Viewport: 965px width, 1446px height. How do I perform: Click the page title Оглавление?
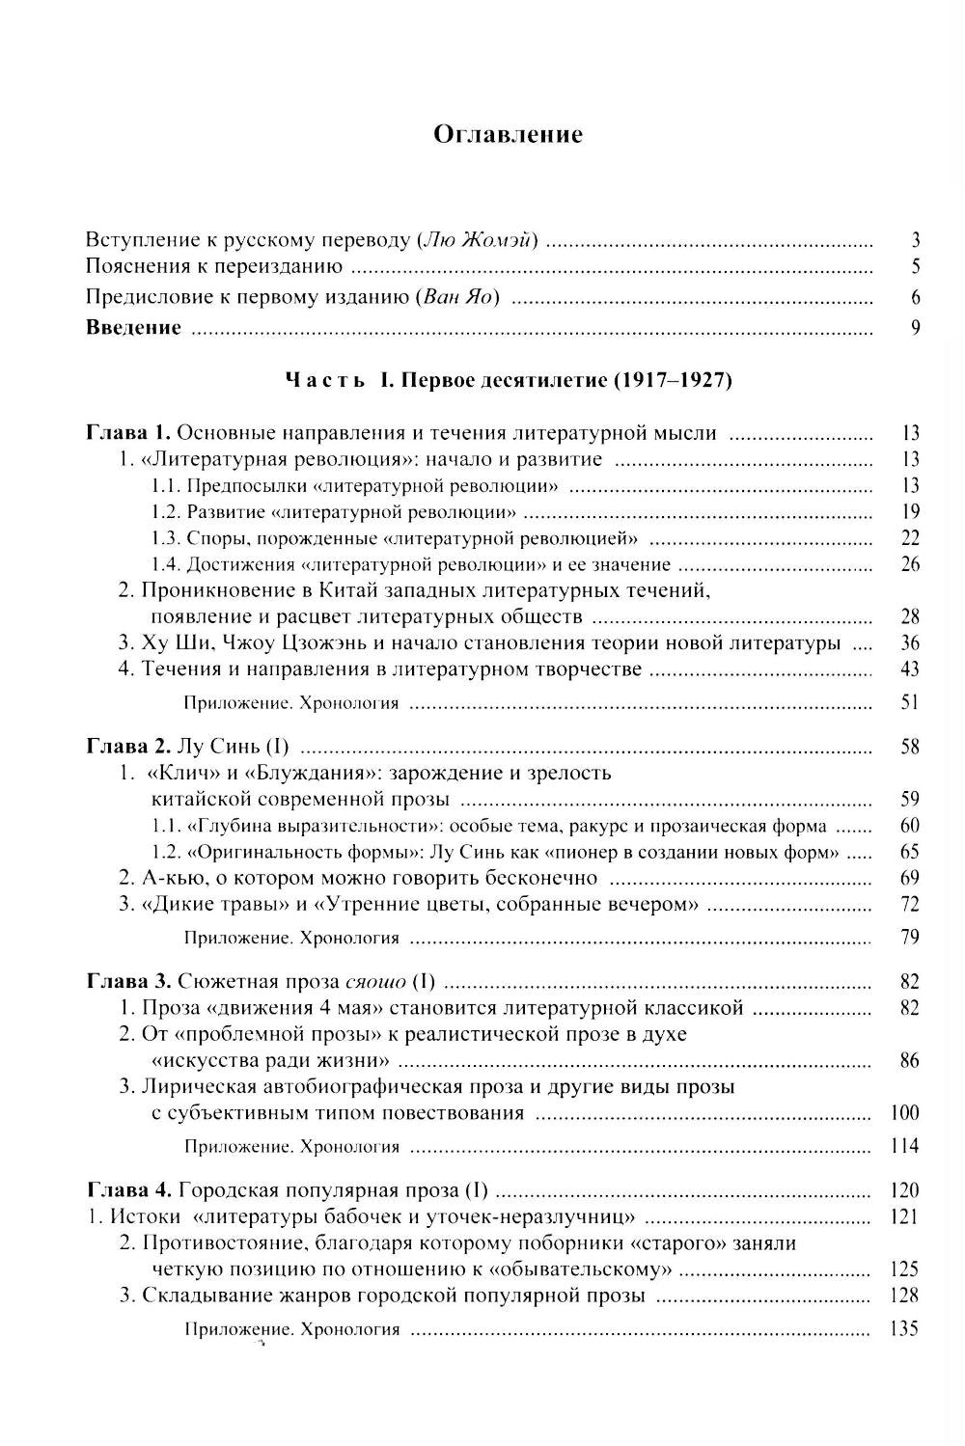click(x=508, y=134)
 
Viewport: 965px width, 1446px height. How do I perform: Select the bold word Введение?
click(x=133, y=327)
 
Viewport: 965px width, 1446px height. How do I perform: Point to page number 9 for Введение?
click(x=915, y=327)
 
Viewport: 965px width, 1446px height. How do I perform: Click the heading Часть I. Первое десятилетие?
click(x=509, y=380)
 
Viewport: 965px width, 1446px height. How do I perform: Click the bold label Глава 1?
click(x=128, y=432)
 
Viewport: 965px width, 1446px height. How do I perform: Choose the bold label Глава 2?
click(x=128, y=746)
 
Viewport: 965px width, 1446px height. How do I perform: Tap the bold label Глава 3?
click(x=128, y=982)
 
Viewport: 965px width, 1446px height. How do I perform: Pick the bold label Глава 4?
click(x=128, y=1190)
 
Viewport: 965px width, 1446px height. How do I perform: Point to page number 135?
click(x=904, y=1328)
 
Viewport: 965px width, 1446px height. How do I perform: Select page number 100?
click(x=904, y=1112)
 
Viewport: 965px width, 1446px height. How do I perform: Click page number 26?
click(x=909, y=564)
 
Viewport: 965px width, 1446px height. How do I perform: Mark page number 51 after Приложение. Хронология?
click(x=909, y=702)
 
